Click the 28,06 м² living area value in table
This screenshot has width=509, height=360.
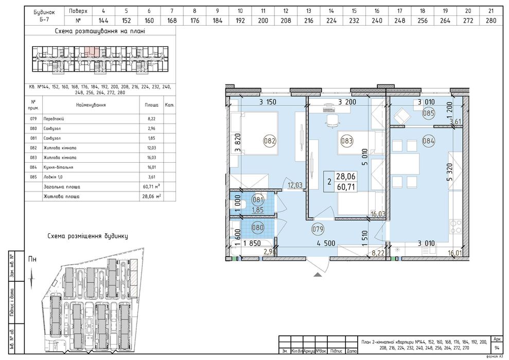coord(152,196)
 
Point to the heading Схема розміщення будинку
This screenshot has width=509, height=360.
coord(87,236)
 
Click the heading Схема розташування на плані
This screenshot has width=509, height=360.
coord(99,31)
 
